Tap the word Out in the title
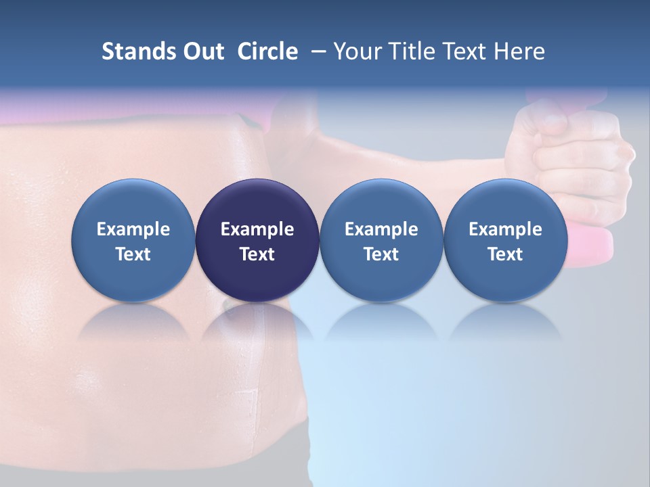201,51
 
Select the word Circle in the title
267,51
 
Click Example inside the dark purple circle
257,229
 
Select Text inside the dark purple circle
257,254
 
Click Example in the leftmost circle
133,229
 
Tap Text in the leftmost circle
133,254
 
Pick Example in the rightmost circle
505,229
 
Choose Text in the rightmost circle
505,254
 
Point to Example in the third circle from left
381,229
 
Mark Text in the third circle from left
381,254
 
